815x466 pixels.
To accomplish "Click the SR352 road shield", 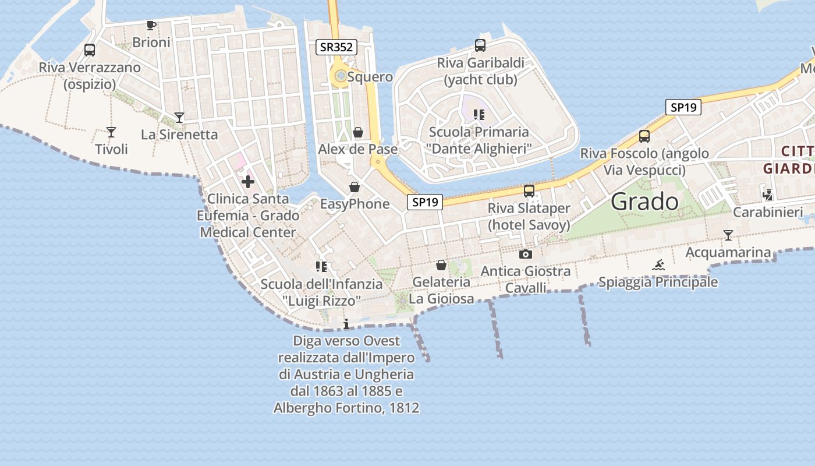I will pos(336,47).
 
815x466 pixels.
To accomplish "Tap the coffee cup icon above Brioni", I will pos(151,25).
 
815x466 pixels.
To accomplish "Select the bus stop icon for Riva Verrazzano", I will pos(90,50).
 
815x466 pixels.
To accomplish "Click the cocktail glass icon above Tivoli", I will pos(111,132).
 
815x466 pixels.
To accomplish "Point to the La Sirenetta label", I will pos(179,135).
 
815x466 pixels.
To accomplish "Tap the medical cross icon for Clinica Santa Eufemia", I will pos(248,182).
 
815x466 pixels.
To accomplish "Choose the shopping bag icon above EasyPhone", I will pos(354,188).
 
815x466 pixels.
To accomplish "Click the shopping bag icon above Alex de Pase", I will pos(358,133).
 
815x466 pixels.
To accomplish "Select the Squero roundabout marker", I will pos(340,75).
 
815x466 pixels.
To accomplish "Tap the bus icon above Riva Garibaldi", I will pos(480,45).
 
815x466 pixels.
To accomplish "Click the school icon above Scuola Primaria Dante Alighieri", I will pos(479,115).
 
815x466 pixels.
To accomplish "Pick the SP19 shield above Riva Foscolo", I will pos(683,107).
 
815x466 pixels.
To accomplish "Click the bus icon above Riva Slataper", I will pos(529,191).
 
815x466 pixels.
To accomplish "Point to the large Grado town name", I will pos(645,202).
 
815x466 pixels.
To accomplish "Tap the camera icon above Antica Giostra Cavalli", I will pos(525,255).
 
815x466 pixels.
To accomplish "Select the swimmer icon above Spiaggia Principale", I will pos(658,266).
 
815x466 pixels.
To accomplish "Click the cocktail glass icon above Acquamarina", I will pos(728,235).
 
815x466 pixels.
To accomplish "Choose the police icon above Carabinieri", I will pos(768,195).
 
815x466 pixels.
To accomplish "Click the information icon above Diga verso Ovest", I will pos(346,324).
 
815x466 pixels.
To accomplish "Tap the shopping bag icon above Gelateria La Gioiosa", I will pos(441,266).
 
